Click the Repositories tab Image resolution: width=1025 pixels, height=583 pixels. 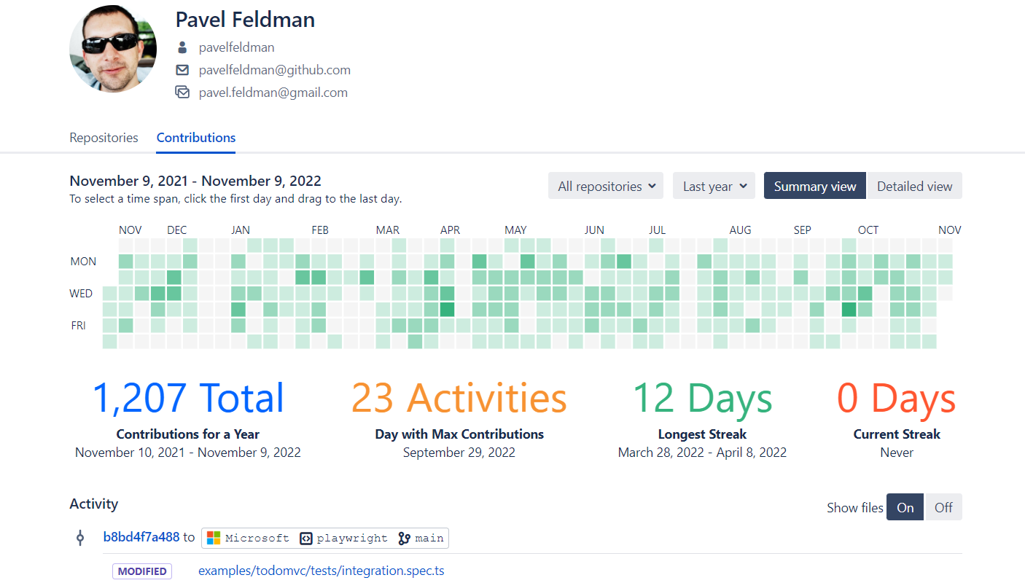pyautogui.click(x=104, y=138)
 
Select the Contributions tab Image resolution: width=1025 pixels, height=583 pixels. pyautogui.click(x=196, y=138)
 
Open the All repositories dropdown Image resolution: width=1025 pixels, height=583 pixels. pyautogui.click(x=606, y=186)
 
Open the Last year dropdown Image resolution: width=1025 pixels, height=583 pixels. pyautogui.click(x=714, y=186)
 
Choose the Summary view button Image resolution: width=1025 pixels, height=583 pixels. pyautogui.click(x=815, y=186)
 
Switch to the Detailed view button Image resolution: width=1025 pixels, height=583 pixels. pyautogui.click(x=914, y=186)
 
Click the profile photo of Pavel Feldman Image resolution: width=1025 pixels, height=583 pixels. pyautogui.click(x=113, y=49)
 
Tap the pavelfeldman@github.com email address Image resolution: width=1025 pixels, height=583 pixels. pyautogui.click(x=275, y=70)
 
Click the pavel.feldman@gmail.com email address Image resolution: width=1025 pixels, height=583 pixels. pyautogui.click(x=273, y=93)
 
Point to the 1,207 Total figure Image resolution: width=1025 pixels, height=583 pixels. pyautogui.click(x=188, y=398)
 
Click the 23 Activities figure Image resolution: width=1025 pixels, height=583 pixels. pyautogui.click(x=459, y=398)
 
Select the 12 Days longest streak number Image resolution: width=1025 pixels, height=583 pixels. pyautogui.click(x=702, y=398)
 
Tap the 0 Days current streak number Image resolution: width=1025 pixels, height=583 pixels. pyautogui.click(x=897, y=398)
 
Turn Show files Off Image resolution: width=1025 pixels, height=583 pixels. pyautogui.click(x=943, y=507)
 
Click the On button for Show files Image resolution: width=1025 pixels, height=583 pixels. pyautogui.click(x=905, y=507)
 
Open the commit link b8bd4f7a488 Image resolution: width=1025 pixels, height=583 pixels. pyautogui.click(x=141, y=537)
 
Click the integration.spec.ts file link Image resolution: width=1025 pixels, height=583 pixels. pyautogui.click(x=321, y=571)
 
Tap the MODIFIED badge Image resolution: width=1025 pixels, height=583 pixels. pyautogui.click(x=142, y=571)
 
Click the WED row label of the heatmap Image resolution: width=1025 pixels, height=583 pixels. pyautogui.click(x=81, y=294)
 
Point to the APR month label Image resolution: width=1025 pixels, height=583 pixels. pyautogui.click(x=451, y=230)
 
